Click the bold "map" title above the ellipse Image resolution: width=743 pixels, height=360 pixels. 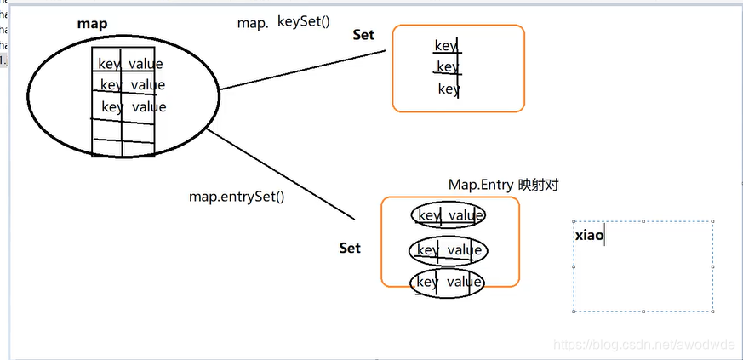point(92,25)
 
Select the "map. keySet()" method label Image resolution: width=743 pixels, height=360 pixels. point(283,22)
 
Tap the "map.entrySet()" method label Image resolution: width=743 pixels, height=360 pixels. point(237,197)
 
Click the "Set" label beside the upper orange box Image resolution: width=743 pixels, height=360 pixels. point(364,35)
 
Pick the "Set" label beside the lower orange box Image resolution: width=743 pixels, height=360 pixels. point(350,248)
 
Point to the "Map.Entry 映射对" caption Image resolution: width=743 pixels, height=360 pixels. point(503,185)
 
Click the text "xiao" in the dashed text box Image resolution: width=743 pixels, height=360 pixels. point(589,234)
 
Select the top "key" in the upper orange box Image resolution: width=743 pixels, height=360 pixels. point(446,45)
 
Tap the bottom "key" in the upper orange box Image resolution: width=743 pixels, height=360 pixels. point(449,89)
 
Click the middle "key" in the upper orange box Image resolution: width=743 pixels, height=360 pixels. point(448,66)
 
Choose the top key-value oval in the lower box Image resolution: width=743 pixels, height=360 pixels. point(449,215)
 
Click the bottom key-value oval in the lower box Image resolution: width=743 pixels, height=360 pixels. point(448,283)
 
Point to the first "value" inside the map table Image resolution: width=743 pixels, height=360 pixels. point(146,64)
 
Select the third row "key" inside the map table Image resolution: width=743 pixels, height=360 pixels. point(112,107)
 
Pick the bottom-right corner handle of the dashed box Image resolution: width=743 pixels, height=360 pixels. point(713,311)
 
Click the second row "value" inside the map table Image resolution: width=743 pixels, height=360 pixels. point(148,85)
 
